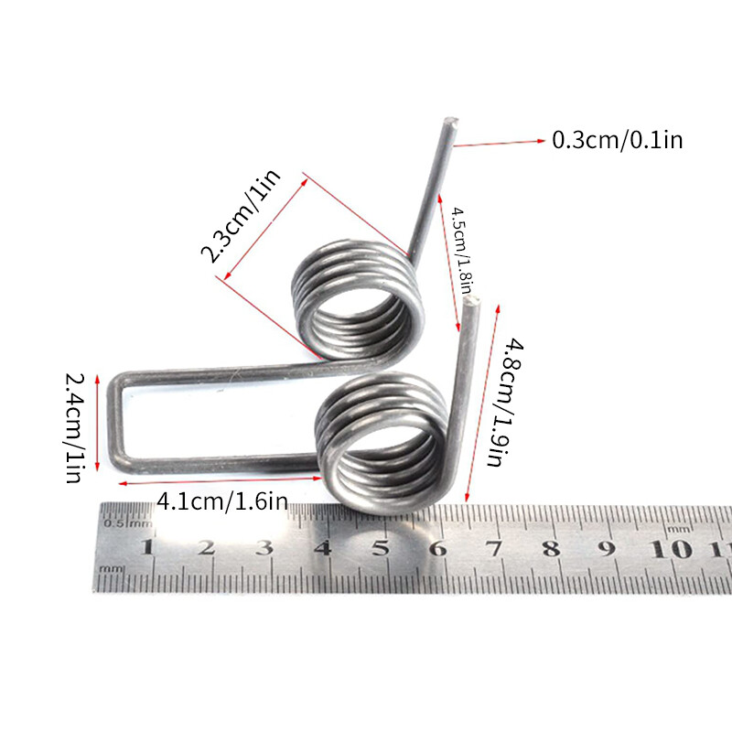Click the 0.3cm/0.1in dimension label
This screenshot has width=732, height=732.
(x=618, y=140)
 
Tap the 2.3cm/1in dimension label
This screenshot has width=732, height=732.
(x=240, y=217)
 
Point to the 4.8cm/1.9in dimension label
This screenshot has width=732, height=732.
(x=501, y=403)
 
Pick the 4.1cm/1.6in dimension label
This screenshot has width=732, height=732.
(x=223, y=501)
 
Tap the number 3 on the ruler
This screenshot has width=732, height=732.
(x=264, y=548)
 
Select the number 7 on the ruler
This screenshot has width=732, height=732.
(x=495, y=548)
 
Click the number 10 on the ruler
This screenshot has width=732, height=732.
(x=678, y=548)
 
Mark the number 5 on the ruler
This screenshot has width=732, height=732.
(x=381, y=548)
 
